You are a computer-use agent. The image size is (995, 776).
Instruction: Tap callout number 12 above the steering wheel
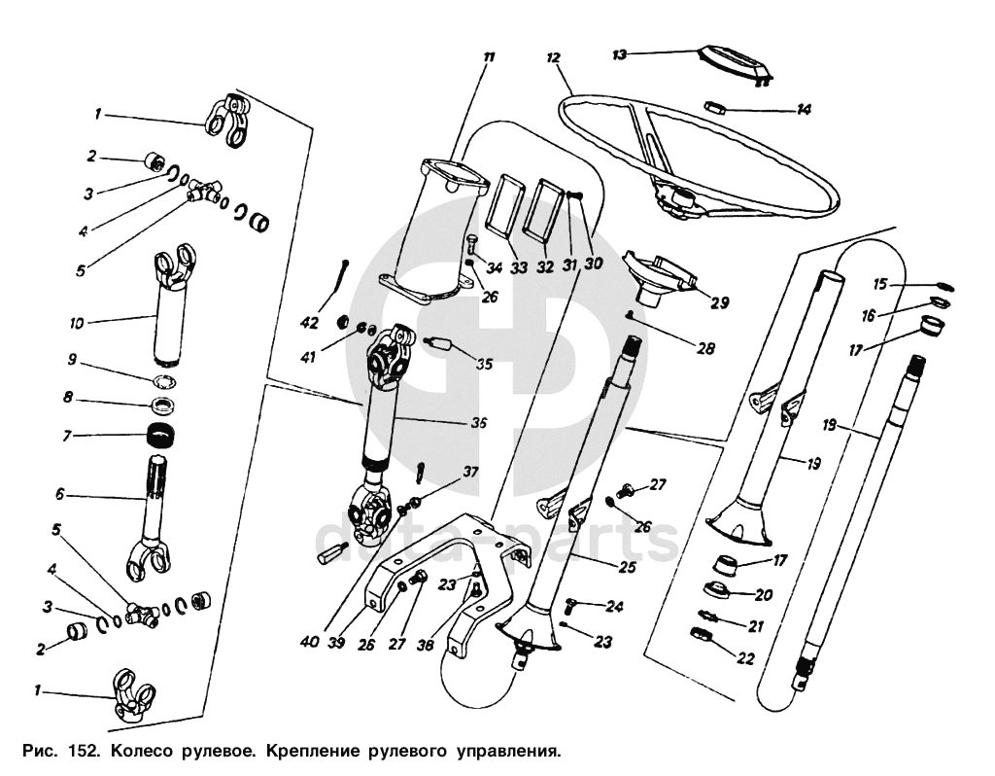554,58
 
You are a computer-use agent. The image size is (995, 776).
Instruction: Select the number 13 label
619,55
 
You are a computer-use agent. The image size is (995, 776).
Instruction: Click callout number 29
719,302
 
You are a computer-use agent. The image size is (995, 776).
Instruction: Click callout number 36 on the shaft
477,423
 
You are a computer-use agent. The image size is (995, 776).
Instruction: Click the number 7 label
66,436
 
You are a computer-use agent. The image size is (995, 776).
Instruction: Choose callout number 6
60,494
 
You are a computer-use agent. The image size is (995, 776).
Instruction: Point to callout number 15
881,284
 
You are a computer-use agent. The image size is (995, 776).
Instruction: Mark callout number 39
337,642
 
